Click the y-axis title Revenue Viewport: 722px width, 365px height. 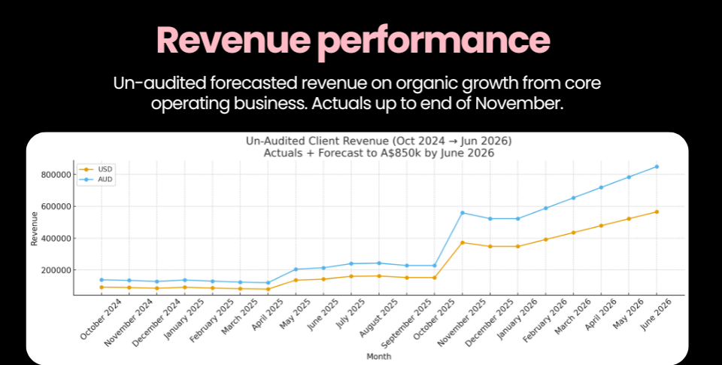point(34,229)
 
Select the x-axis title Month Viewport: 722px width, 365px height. point(378,356)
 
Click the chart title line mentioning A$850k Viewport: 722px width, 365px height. point(378,153)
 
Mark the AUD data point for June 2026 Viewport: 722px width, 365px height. point(657,166)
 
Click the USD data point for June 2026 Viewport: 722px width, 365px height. point(657,211)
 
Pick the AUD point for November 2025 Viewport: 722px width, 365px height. point(462,212)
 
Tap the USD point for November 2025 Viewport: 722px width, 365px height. point(462,242)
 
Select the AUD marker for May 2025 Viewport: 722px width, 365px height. point(296,269)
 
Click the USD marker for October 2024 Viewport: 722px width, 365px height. point(102,287)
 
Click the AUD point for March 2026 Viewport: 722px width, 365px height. point(573,198)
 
